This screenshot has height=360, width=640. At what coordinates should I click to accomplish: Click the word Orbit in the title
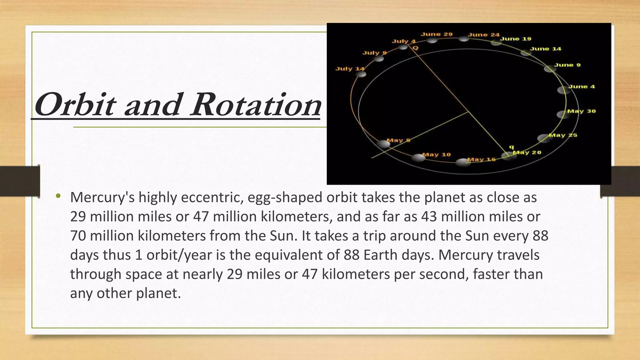click(75, 105)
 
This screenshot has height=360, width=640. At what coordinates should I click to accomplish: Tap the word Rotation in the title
click(256, 105)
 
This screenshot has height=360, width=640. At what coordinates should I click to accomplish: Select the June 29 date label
click(436, 34)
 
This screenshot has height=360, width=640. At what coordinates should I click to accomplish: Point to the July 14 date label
click(350, 69)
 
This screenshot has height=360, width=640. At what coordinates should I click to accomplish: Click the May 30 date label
click(581, 111)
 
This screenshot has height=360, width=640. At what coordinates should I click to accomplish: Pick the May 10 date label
click(436, 154)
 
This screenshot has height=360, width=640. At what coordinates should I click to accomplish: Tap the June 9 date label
click(567, 65)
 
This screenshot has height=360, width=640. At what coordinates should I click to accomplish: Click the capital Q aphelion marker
click(415, 48)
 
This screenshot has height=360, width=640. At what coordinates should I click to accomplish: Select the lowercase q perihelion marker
click(511, 147)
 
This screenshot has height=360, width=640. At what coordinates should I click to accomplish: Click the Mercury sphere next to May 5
click(383, 144)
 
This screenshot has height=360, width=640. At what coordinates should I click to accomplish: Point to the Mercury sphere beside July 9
click(378, 58)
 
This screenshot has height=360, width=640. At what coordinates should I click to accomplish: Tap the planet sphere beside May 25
click(544, 138)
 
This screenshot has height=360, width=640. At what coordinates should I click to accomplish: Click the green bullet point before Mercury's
click(58, 196)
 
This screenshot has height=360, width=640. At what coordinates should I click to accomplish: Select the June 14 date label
click(545, 49)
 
